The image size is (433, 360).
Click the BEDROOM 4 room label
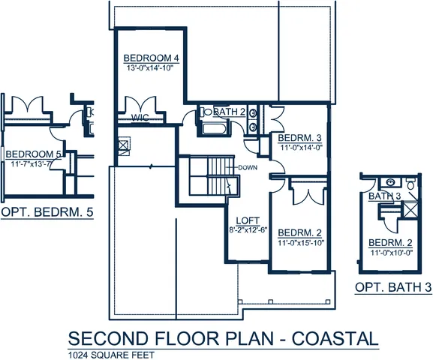[x=150, y=58]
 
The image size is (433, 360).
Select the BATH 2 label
[x=230, y=112]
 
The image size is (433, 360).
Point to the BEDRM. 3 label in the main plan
[x=299, y=138]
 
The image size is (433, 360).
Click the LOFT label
[x=248, y=220]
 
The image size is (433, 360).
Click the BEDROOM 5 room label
[x=32, y=154]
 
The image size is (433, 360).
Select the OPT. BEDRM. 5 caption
[x=47, y=213]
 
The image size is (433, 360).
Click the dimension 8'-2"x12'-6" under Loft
[x=248, y=230]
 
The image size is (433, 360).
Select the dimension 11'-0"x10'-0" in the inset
[x=392, y=253]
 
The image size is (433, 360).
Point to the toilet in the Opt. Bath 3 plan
[x=411, y=184]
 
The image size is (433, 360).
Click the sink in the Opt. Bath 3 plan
[x=389, y=182]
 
